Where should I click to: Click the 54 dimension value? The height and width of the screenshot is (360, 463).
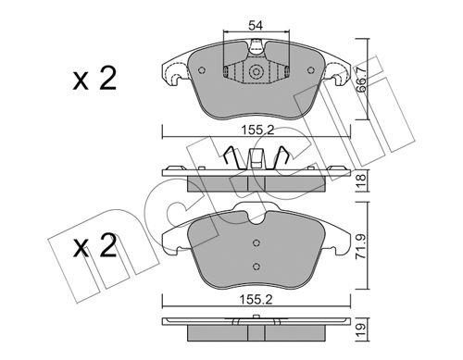tap(256, 26)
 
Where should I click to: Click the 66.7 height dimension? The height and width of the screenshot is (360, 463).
tap(361, 80)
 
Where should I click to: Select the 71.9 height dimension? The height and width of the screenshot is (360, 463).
tap(361, 246)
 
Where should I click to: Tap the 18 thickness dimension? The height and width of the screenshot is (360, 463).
tap(361, 180)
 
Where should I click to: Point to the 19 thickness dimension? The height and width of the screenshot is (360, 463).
tap(361, 329)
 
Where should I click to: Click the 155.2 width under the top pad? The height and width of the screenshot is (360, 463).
tap(257, 130)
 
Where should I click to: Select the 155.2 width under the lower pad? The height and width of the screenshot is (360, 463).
tap(257, 300)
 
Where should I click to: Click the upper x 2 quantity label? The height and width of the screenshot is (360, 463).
tap(94, 79)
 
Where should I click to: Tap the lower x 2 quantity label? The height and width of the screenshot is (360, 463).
tap(94, 245)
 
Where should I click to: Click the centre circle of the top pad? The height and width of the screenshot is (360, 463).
tap(256, 71)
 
